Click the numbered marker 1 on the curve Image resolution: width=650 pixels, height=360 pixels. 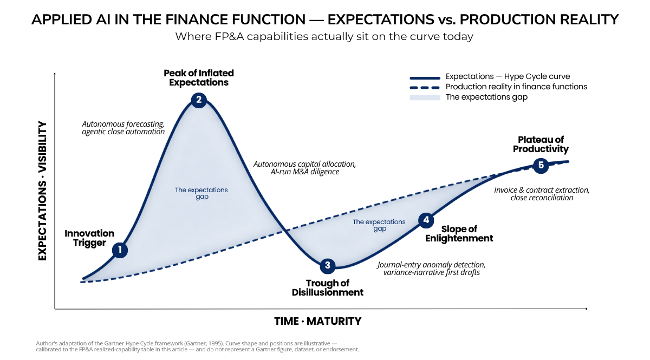pos(120,250)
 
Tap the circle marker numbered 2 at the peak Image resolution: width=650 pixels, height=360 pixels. pos(199,100)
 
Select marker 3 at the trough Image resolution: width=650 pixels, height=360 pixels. pos(328,265)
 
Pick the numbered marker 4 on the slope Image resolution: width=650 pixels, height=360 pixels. pos(426,220)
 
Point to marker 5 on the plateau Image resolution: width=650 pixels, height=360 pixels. pos(541,166)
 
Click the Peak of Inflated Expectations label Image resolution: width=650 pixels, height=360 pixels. pos(199,78)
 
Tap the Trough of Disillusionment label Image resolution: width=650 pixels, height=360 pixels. pos(328,288)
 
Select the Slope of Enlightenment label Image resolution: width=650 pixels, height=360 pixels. pos(459,234)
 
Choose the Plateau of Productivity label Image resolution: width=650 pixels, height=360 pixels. pos(541,145)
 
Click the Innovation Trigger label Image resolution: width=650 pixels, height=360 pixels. pos(89,238)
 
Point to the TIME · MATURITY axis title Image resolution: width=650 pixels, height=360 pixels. pos(318,322)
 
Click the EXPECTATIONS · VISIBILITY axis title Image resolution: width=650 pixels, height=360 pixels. pos(42,191)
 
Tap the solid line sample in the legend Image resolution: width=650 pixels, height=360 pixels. pos(425,78)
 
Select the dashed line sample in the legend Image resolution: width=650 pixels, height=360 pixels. pos(425,88)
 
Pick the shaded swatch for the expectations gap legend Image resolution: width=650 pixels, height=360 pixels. pos(425,98)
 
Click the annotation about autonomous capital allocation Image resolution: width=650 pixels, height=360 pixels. pos(304,168)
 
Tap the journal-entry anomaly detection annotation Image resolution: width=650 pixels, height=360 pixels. pos(432,269)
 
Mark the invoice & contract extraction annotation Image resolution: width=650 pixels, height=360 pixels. pos(542,194)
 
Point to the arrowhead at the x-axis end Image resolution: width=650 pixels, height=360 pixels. pos(587,309)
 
